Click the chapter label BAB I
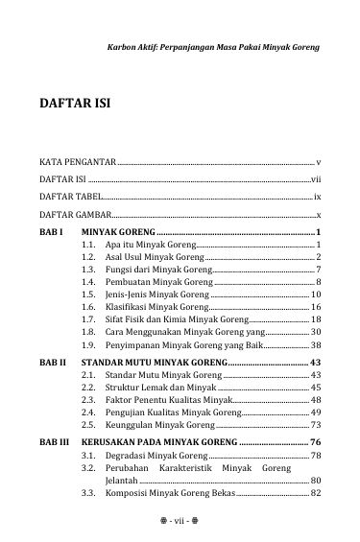(x=51, y=232)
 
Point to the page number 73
(x=314, y=423)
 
